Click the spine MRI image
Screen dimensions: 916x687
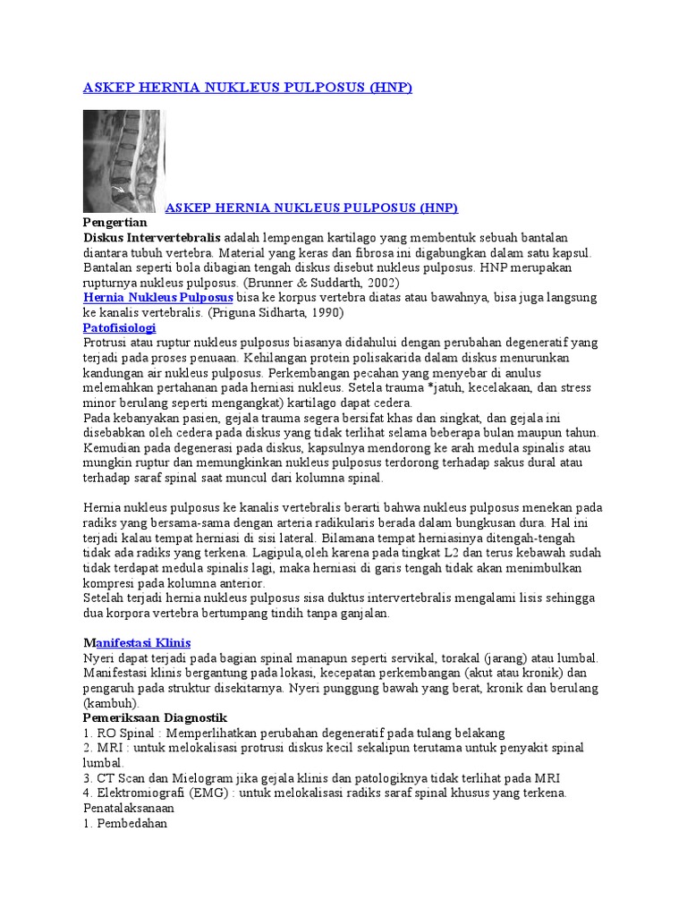[x=123, y=161]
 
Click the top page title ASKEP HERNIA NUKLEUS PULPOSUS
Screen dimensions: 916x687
[x=247, y=87]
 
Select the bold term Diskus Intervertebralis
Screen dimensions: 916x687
[x=152, y=238]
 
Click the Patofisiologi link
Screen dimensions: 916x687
[x=119, y=328]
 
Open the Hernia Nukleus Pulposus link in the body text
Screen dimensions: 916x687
[x=158, y=297]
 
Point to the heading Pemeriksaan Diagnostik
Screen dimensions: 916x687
[x=155, y=718]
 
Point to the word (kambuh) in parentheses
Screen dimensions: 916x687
[x=113, y=703]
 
